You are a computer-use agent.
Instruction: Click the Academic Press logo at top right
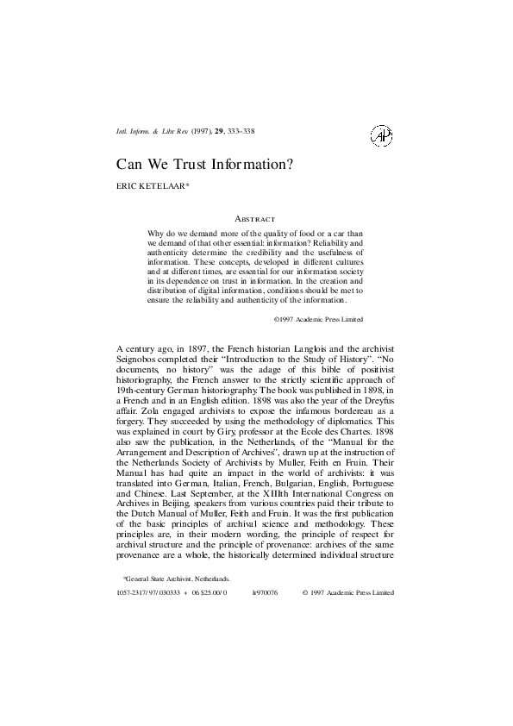pyautogui.click(x=380, y=135)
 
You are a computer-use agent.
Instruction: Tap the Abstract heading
pyautogui.click(x=255, y=219)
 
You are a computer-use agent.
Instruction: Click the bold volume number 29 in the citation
pyautogui.click(x=220, y=131)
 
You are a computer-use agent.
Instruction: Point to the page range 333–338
pyautogui.click(x=241, y=131)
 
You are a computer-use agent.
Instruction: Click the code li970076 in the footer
pyautogui.click(x=264, y=593)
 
